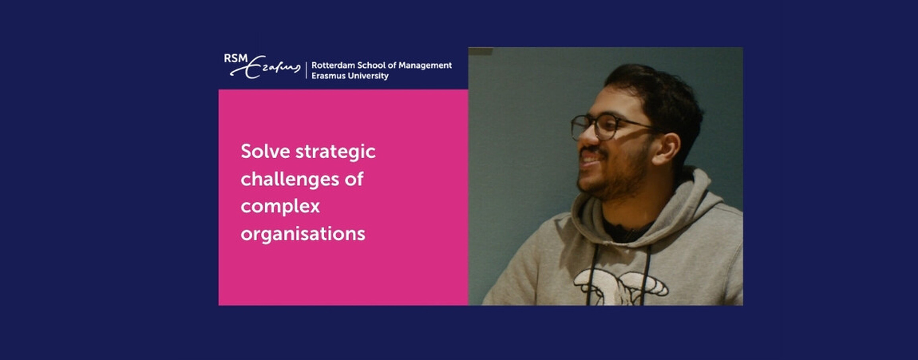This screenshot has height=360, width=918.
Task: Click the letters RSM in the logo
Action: (x=236, y=58)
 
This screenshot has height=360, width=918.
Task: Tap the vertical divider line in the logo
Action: (x=306, y=70)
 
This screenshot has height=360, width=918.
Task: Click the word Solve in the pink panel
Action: (x=265, y=151)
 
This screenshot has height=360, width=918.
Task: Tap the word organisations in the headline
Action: (x=303, y=234)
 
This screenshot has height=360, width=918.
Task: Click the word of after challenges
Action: (x=354, y=179)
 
